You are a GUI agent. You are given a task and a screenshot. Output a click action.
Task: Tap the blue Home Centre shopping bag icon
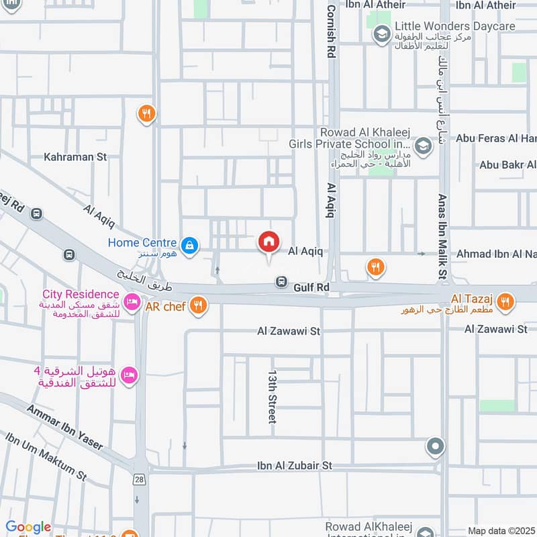click(x=191, y=245)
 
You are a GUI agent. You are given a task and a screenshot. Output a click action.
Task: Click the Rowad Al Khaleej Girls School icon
click(x=423, y=145)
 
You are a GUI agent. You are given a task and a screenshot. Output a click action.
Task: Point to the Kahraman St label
click(x=75, y=157)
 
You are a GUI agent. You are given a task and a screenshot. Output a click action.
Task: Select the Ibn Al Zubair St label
click(x=294, y=465)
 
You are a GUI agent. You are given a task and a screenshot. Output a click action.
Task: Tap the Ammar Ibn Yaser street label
click(x=65, y=427)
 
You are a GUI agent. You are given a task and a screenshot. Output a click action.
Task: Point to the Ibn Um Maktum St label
click(x=46, y=456)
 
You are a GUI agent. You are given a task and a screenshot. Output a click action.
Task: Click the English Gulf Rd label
click(x=311, y=287)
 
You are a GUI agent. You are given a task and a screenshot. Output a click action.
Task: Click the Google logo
click(x=28, y=527)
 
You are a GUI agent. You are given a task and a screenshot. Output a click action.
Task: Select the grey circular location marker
click(x=436, y=446)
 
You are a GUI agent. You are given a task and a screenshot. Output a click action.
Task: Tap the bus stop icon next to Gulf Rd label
click(x=282, y=283)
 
